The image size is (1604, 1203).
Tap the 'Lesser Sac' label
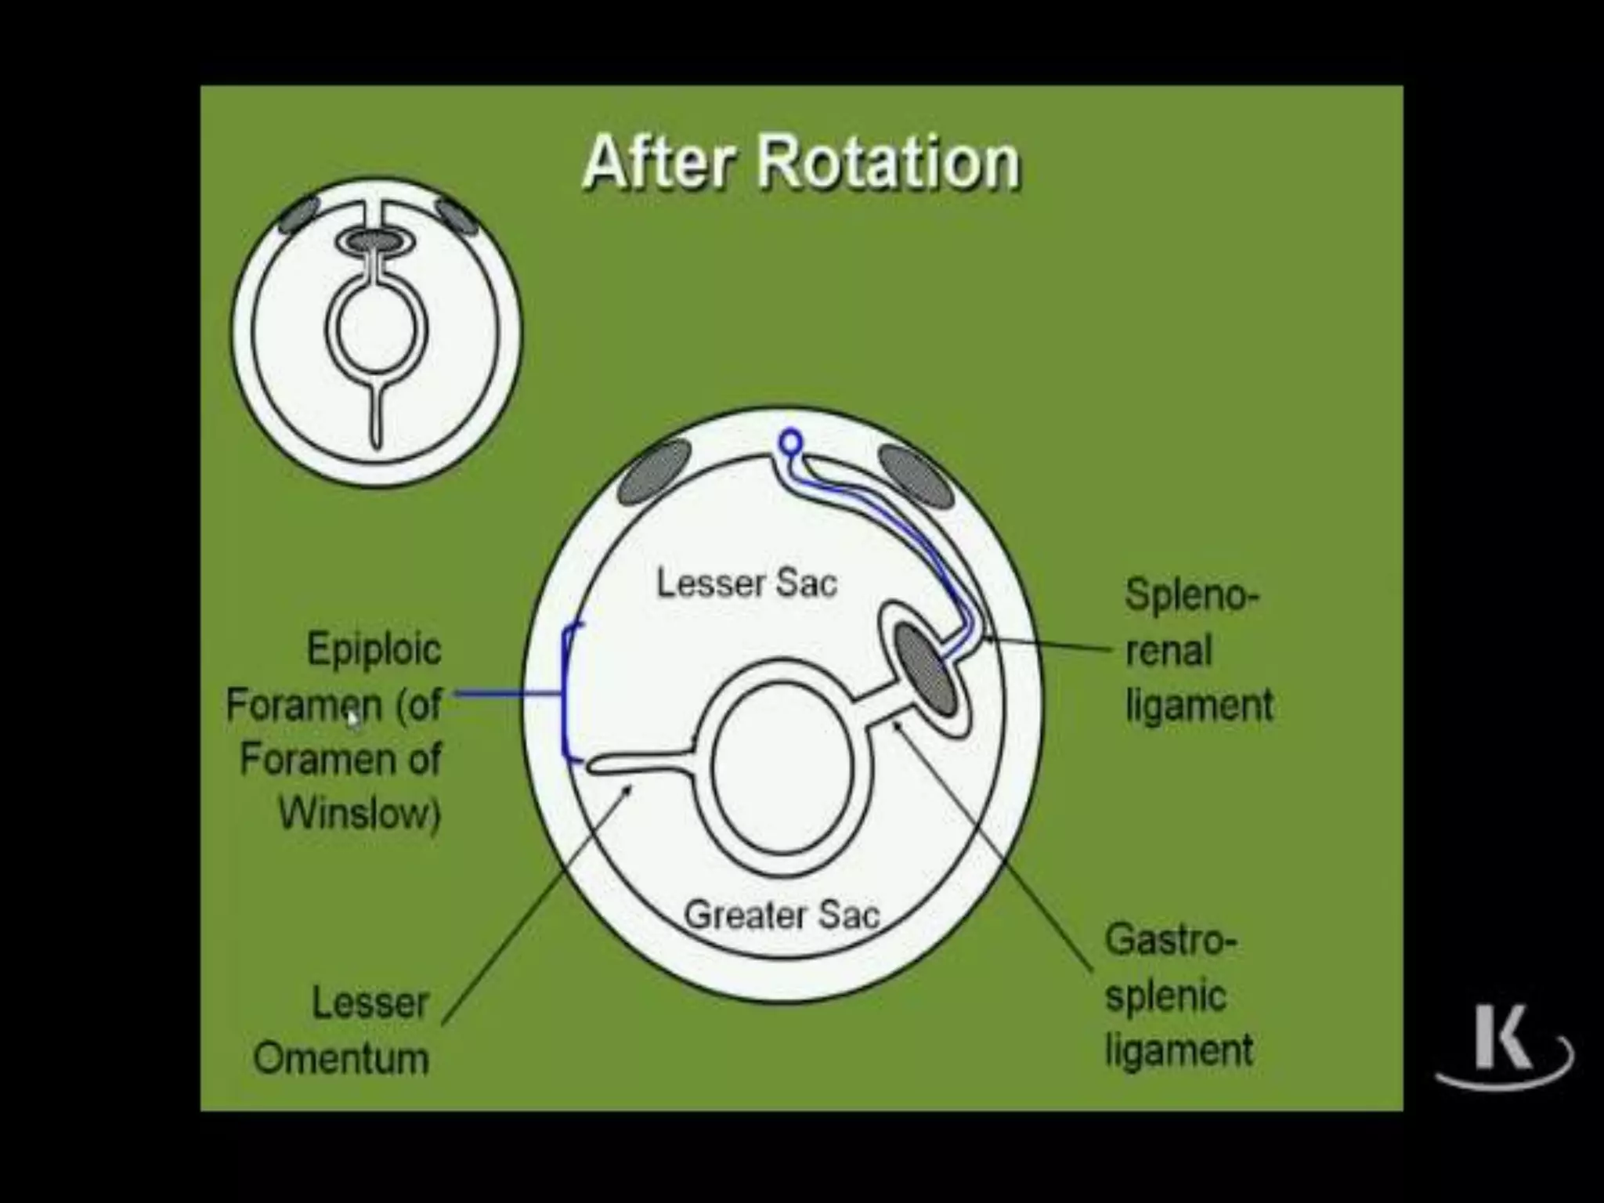tap(746, 583)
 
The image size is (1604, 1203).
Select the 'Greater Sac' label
tap(782, 915)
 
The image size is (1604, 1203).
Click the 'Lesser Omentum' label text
tap(341, 1031)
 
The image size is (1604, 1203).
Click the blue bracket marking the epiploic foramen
tap(565, 693)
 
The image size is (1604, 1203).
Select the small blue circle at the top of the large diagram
tap(790, 442)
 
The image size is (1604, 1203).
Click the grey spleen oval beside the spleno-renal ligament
tap(926, 670)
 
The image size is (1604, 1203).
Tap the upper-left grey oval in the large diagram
tap(655, 471)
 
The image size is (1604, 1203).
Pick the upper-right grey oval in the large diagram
tap(915, 475)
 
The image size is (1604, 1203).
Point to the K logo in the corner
tap(1502, 1049)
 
